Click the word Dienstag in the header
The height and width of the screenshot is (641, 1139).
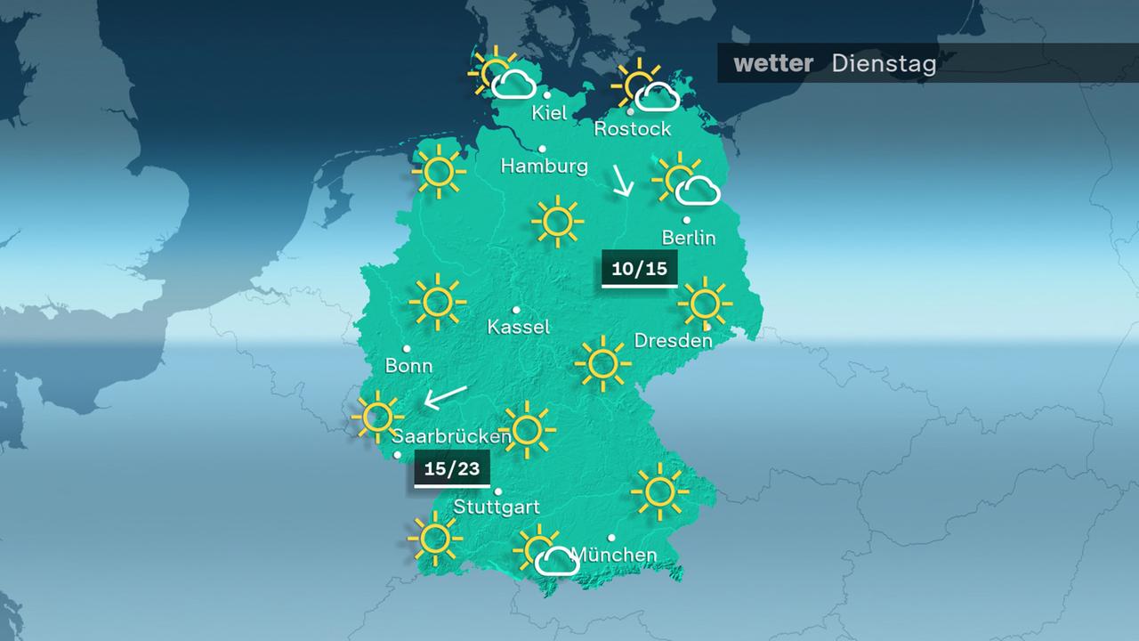coord(884,64)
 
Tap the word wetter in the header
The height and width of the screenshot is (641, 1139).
coord(773,64)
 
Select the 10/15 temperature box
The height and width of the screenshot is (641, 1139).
coord(640,268)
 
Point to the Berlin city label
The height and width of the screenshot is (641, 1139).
coord(689,238)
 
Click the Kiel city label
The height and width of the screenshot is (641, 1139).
coord(549,112)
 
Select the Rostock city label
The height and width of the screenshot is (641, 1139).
coord(633,129)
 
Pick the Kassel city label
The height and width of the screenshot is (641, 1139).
coord(519,327)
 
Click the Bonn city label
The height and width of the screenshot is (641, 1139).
coord(409,365)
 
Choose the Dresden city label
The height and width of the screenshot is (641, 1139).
coord(674,340)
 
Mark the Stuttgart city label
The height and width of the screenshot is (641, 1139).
coord(497,507)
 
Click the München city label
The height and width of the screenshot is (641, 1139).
coord(614,556)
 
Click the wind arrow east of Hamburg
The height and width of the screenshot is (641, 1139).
coord(621,181)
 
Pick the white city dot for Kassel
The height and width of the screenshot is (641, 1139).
coord(516,310)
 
